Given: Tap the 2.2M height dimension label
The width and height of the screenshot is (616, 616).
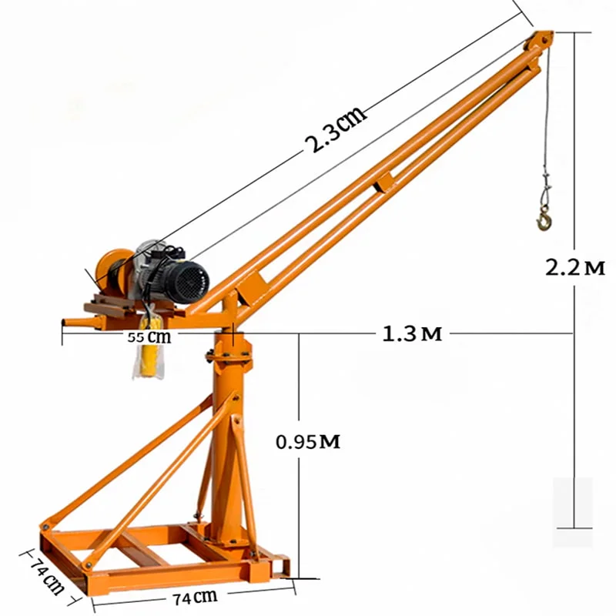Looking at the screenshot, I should pyautogui.click(x=574, y=267).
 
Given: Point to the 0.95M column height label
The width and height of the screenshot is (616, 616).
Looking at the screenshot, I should pyautogui.click(x=308, y=442).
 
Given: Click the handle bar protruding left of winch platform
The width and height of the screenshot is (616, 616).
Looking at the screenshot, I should pyautogui.click(x=75, y=319).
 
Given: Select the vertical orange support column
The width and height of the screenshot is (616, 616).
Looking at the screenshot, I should pyautogui.click(x=226, y=431).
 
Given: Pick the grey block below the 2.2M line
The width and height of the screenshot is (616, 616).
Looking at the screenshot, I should pyautogui.click(x=573, y=500).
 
